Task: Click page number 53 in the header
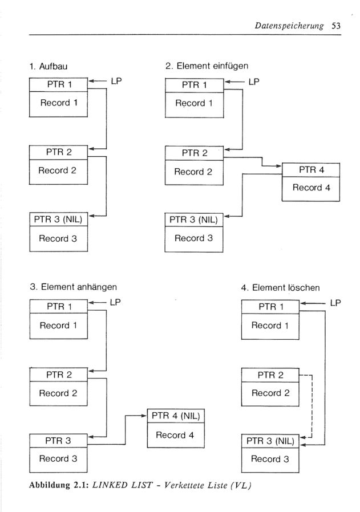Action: [x=336, y=26]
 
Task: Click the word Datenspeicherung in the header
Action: [x=289, y=26]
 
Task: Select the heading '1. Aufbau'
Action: [x=48, y=67]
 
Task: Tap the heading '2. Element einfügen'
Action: [x=207, y=66]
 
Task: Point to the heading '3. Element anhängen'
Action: [x=73, y=287]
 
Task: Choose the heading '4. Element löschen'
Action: [x=280, y=288]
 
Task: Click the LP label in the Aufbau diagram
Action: [x=116, y=81]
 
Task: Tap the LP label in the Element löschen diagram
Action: [x=335, y=303]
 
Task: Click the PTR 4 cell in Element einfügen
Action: [x=311, y=170]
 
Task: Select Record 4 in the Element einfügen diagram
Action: [x=311, y=188]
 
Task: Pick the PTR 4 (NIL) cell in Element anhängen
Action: [x=176, y=416]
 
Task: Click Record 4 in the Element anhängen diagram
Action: [x=175, y=435]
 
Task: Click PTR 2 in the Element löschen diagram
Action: [x=270, y=375]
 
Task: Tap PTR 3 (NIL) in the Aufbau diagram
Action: [x=58, y=220]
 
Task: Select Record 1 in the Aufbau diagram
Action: [x=59, y=103]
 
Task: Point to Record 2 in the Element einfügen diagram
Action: [x=193, y=172]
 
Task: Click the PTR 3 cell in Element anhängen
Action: [x=58, y=441]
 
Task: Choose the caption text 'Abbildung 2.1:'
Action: [x=59, y=485]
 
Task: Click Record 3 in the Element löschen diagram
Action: [x=270, y=459]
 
